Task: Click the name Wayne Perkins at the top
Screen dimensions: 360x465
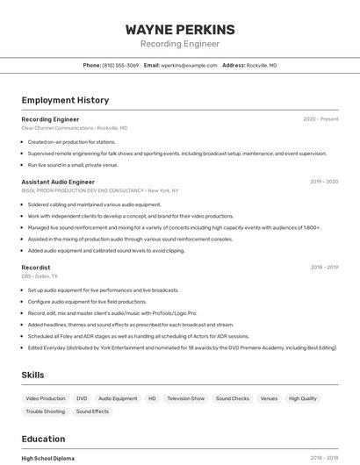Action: (180, 29)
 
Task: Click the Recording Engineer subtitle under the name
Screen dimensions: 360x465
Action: (180, 43)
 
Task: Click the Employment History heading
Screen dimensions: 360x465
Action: (65, 100)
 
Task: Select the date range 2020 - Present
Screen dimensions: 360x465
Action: (320, 119)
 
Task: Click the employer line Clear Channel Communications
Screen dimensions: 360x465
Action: (75, 128)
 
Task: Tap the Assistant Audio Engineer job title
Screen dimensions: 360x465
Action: (58, 182)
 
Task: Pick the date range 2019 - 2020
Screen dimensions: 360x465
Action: (324, 182)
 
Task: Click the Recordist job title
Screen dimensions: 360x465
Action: (36, 267)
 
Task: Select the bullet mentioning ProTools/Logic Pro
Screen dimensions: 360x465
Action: (112, 313)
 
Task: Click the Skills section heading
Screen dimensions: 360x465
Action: (33, 375)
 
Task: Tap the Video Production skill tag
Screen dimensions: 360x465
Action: (46, 398)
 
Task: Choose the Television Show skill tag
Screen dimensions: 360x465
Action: (185, 398)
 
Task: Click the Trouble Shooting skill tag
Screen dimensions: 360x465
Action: (46, 411)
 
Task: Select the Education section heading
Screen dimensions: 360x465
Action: (43, 439)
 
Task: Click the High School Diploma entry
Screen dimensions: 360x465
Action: (48, 458)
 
